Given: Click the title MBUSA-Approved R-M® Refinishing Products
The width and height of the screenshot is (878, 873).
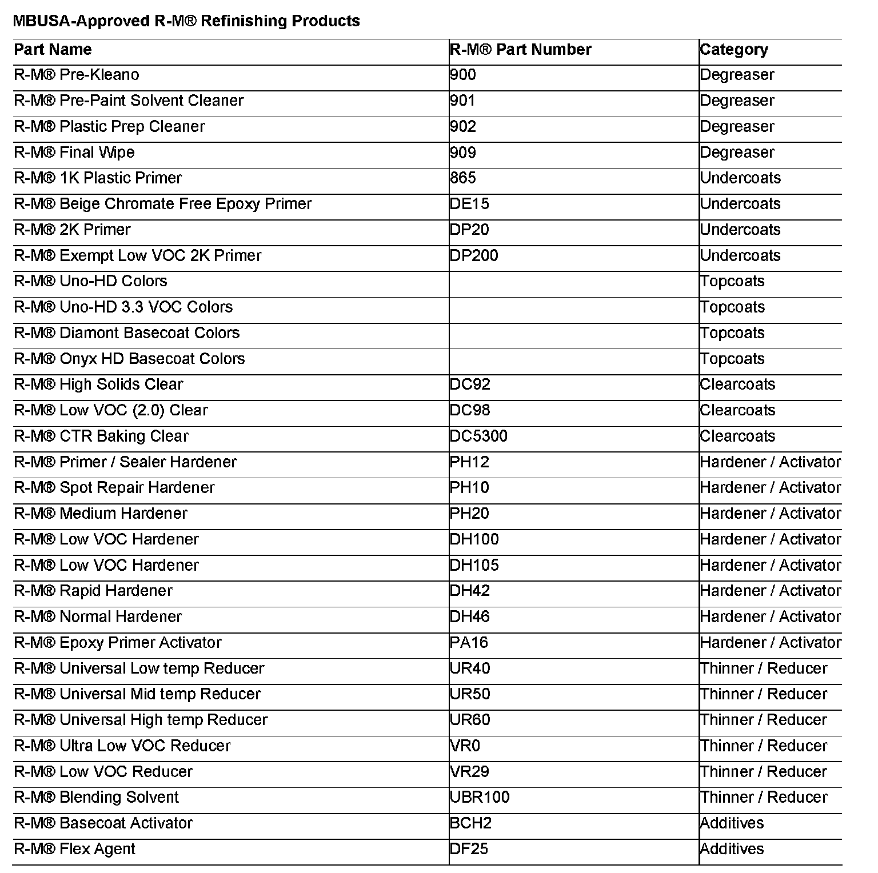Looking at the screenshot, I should (x=186, y=21).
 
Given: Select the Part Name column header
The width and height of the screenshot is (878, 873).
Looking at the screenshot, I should (x=53, y=50).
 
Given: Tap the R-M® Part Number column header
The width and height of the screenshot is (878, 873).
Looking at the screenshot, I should (x=520, y=50).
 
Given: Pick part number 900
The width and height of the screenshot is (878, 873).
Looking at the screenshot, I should (x=462, y=75).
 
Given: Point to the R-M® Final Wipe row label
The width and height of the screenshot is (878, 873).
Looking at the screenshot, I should (x=74, y=153).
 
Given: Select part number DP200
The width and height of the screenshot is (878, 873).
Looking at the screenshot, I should (x=474, y=255).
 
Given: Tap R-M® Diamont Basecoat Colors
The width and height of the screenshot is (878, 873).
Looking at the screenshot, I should (x=126, y=333).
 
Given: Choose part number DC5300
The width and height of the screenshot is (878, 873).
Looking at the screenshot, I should (x=478, y=436).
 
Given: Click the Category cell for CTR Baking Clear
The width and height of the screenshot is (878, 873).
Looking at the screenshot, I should (x=737, y=436).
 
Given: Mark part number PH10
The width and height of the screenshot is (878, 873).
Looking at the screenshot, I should (x=469, y=488).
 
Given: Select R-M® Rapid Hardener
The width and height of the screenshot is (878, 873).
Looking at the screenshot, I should (x=93, y=591).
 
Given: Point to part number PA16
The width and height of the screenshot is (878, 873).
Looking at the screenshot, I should (x=469, y=643).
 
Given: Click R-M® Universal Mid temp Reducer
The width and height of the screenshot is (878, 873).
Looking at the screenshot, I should (x=137, y=694).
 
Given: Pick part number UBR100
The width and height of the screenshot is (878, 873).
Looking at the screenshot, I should (x=480, y=798).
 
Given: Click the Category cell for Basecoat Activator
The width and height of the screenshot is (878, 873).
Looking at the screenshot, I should (x=732, y=823).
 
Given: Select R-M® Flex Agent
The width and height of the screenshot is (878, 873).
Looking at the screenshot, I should (x=74, y=849).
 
